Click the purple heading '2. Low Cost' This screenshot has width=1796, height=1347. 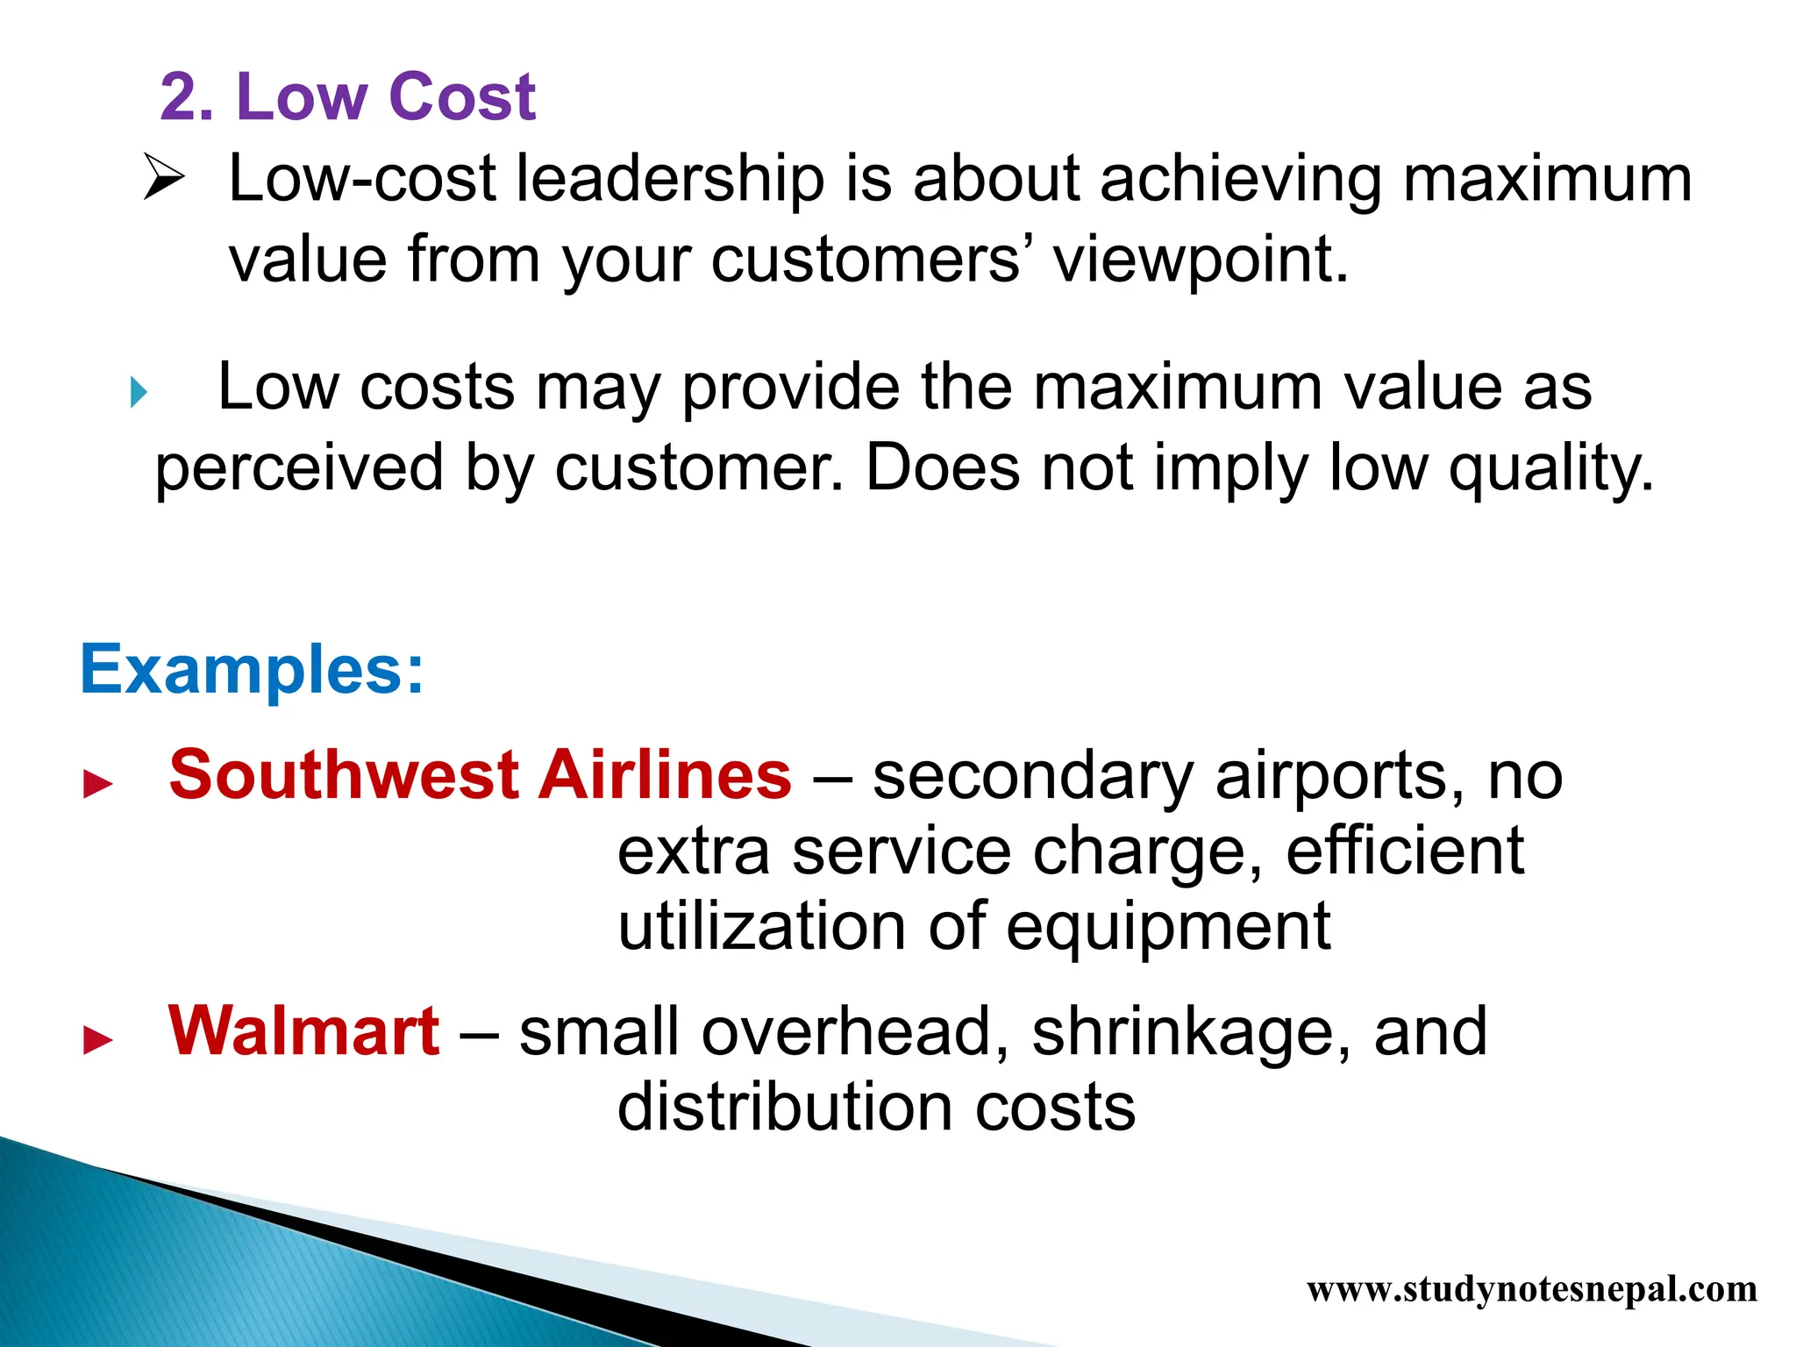coord(347,96)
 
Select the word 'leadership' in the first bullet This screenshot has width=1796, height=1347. coord(668,180)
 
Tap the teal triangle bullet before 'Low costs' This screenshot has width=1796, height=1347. coord(139,392)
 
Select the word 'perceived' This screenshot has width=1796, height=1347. coord(299,469)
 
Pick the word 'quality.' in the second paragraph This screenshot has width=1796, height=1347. coord(1550,469)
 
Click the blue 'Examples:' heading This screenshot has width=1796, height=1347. coord(252,670)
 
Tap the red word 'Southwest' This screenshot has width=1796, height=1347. coord(345,775)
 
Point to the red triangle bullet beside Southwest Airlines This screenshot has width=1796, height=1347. coord(97,784)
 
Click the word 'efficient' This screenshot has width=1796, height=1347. coord(1405,852)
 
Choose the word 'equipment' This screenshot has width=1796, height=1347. coord(1168,928)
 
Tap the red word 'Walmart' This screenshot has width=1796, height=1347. coord(303,1031)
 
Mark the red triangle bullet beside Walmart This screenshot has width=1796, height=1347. coord(97,1040)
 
